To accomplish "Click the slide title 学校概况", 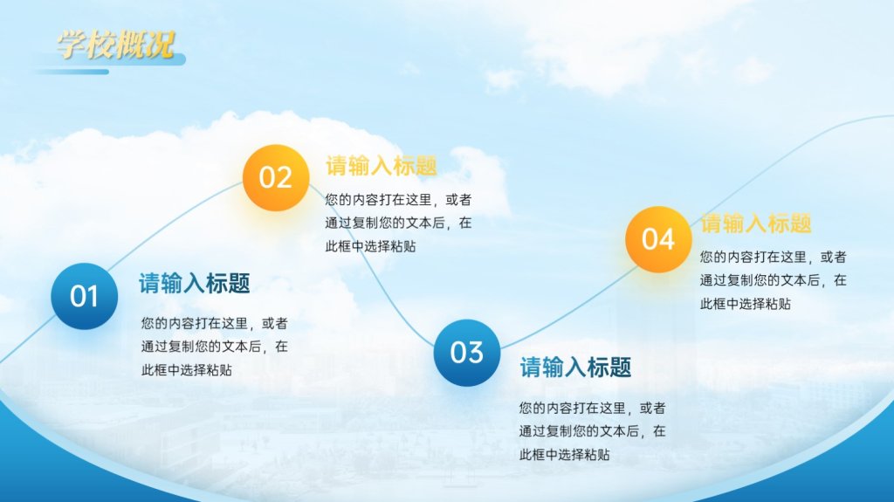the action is click(x=115, y=45).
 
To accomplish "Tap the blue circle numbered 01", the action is click(x=85, y=296).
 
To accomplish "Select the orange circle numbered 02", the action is click(x=276, y=177).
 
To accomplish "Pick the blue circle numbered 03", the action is click(x=467, y=353).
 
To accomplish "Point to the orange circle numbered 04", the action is click(x=658, y=239).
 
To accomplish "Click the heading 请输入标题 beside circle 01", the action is click(x=195, y=284).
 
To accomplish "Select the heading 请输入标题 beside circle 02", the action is click(x=382, y=166).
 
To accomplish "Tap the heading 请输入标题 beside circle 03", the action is click(x=575, y=368).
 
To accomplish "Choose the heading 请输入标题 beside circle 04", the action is click(x=756, y=223).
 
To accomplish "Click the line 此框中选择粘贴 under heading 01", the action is click(x=187, y=370).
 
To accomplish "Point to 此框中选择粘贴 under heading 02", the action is click(x=370, y=246).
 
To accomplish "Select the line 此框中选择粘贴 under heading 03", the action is click(x=565, y=455).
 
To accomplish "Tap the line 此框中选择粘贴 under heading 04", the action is click(x=746, y=304).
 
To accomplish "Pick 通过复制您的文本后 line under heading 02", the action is click(x=385, y=223).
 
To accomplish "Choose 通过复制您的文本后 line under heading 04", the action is click(x=760, y=280).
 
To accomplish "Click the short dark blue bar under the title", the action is click(x=72, y=72).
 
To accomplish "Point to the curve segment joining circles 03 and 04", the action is click(x=567, y=311).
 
